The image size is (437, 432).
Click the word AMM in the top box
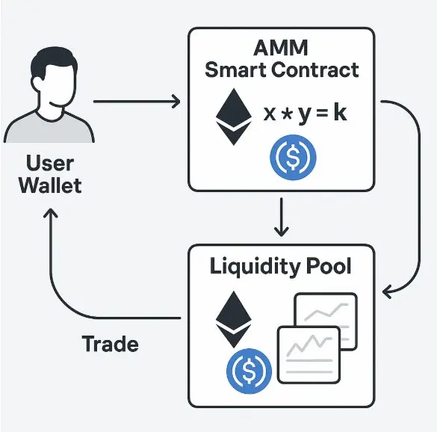pyautogui.click(x=281, y=48)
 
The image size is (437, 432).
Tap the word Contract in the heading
pyautogui.click(x=315, y=70)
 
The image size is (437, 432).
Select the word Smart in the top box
pyautogui.click(x=236, y=70)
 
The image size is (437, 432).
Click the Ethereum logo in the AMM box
pyautogui.click(x=234, y=117)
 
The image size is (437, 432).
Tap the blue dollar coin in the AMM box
pyautogui.click(x=293, y=158)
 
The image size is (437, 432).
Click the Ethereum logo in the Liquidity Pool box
pyautogui.click(x=234, y=320)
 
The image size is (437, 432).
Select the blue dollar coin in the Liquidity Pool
pyautogui.click(x=250, y=371)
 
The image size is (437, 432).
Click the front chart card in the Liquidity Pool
pyautogui.click(x=309, y=355)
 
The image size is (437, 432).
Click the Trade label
pyautogui.click(x=111, y=344)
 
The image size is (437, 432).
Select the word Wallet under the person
pyautogui.click(x=50, y=185)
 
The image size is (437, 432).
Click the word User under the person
pyautogui.click(x=50, y=163)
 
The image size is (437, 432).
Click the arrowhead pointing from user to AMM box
pyautogui.click(x=176, y=101)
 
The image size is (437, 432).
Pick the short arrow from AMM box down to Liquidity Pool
pyautogui.click(x=282, y=217)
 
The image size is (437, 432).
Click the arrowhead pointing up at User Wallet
pyautogui.click(x=51, y=213)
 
